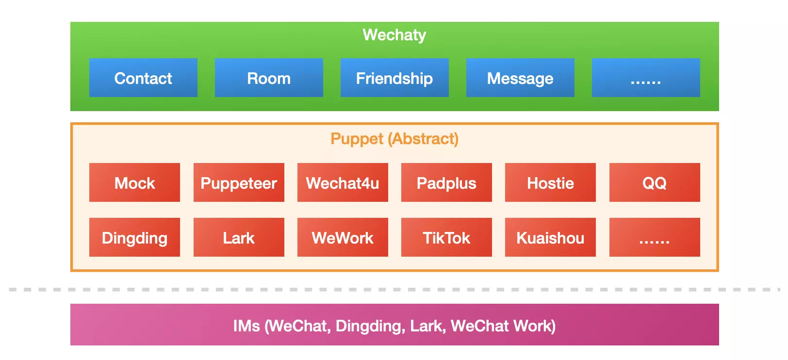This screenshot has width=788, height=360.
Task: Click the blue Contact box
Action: pos(143,78)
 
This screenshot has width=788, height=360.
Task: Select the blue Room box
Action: pos(269,78)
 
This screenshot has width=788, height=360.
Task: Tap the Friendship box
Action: pos(394,78)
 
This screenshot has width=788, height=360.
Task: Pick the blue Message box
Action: pos(520,78)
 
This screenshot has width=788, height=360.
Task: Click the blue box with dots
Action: pos(646,78)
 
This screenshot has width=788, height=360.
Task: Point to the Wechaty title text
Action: pos(394,35)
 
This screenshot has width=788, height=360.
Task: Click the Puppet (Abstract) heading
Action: pos(394,139)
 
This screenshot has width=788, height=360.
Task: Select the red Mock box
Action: pos(134,182)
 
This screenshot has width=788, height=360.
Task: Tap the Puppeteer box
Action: pos(239,182)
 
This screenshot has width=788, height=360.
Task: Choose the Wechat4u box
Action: pos(343,182)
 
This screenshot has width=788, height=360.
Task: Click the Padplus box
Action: pos(446,182)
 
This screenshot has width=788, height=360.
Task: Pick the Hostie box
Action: pos(550,182)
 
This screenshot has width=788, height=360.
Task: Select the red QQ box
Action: pos(655,182)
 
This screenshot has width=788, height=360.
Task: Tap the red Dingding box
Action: pos(134,237)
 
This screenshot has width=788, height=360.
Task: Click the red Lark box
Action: pos(239,237)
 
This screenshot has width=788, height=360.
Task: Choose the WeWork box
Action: pos(343,237)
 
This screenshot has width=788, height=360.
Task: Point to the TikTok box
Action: pos(446,237)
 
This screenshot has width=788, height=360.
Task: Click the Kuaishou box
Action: pos(550,237)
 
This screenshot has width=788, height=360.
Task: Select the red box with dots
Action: pos(655,237)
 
